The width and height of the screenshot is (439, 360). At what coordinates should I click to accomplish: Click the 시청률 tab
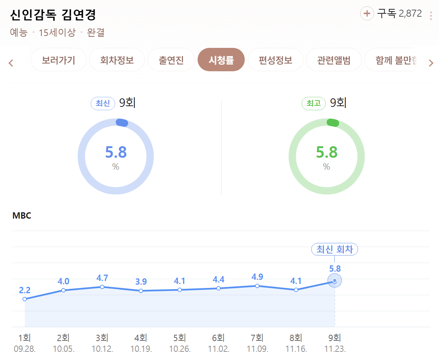pyautogui.click(x=221, y=60)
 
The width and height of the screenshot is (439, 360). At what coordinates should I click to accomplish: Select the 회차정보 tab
pyautogui.click(x=117, y=60)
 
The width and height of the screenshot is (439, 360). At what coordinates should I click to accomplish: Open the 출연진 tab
pyautogui.click(x=171, y=60)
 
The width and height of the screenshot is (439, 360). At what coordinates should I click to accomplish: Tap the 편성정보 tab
pyautogui.click(x=276, y=60)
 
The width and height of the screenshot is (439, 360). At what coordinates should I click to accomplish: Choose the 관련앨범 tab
pyautogui.click(x=334, y=60)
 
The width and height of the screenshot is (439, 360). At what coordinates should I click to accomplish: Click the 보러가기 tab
pyautogui.click(x=58, y=60)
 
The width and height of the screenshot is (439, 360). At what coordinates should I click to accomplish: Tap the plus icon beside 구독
pyautogui.click(x=367, y=14)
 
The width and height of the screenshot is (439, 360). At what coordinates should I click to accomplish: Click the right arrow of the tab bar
pyautogui.click(x=431, y=63)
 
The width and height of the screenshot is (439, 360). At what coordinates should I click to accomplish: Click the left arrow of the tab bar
pyautogui.click(x=11, y=63)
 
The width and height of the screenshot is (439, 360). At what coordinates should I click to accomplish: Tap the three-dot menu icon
pyautogui.click(x=431, y=16)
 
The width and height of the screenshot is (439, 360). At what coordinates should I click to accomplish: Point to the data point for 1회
pyautogui.click(x=25, y=299)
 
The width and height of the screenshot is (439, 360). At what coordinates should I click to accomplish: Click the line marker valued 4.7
pyautogui.click(x=102, y=287)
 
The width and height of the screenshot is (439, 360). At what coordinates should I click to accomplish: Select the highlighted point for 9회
pyautogui.click(x=335, y=281)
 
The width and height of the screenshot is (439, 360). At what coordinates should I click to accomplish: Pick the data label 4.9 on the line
pyautogui.click(x=257, y=276)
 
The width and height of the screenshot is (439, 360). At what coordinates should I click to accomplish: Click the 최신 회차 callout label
pyautogui.click(x=334, y=249)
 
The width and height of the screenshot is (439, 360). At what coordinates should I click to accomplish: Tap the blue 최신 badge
pyautogui.click(x=103, y=103)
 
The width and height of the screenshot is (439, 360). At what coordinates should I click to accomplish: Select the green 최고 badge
pyautogui.click(x=313, y=103)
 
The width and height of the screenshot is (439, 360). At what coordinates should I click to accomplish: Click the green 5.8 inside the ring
pyautogui.click(x=326, y=152)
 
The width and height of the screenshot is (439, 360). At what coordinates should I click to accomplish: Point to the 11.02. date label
pyautogui.click(x=218, y=349)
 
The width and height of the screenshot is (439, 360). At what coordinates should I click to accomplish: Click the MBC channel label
pyautogui.click(x=22, y=216)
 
